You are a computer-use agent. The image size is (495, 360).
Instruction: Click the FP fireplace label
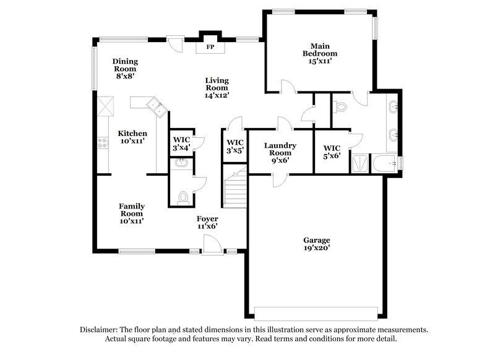coord(210,46)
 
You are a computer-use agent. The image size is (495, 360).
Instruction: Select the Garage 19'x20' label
coord(316,244)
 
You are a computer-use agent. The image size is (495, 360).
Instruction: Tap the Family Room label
coord(132,213)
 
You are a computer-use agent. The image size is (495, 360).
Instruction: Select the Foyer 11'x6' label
coord(207,223)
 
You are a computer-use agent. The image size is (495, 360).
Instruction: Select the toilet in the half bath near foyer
coord(183,196)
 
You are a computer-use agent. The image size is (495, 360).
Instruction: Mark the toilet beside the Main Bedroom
coord(340,108)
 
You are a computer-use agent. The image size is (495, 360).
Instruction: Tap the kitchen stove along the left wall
coord(103,145)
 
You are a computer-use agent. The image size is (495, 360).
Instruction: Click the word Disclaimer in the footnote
coord(99,330)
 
